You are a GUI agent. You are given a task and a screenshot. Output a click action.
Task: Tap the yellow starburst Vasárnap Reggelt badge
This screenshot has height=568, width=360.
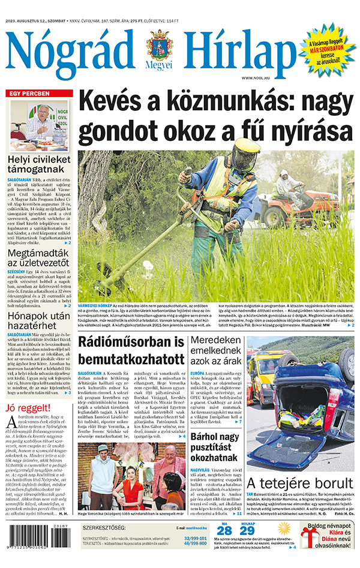click(x=326, y=47)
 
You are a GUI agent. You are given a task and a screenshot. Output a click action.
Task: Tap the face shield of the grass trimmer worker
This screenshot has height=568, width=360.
click(x=245, y=155)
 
